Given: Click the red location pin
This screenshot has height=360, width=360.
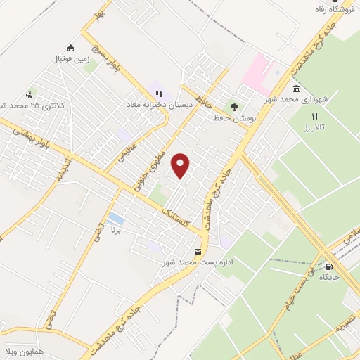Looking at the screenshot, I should [181, 165].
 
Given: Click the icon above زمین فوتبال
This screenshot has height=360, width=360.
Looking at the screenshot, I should [70, 48].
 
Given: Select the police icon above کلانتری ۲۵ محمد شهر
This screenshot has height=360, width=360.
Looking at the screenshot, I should [29, 94].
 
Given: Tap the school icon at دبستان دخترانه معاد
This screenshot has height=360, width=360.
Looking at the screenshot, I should [157, 93].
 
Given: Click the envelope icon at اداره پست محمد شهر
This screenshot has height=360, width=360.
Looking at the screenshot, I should [198, 251].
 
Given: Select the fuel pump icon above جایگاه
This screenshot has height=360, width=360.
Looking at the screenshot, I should [330, 266].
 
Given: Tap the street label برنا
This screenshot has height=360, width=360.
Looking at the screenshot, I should [117, 230].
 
